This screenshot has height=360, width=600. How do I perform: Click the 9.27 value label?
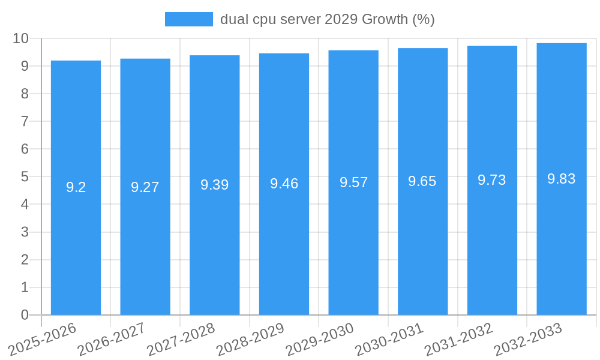[145, 187]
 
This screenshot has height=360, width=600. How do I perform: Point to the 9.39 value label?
[215, 185]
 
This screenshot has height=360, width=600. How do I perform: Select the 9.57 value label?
[353, 182]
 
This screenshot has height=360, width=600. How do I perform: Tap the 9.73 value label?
[492, 180]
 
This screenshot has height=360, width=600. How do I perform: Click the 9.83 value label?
[562, 178]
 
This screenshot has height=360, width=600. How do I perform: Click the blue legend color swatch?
[188, 19]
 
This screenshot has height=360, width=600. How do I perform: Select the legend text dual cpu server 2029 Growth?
[327, 19]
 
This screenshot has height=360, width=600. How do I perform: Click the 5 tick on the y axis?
[25, 177]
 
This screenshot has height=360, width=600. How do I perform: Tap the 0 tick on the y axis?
[25, 315]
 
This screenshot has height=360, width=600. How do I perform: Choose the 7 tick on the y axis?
[25, 121]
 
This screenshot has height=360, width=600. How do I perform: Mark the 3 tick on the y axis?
[25, 232]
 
